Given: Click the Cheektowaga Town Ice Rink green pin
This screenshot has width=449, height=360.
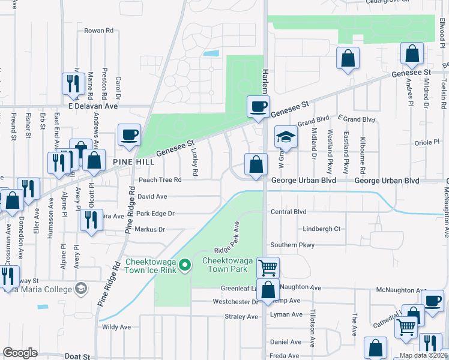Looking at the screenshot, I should pos(185,264).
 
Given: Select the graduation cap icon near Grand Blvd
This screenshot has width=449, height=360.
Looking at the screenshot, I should pos(286,137).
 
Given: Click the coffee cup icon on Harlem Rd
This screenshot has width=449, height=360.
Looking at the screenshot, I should pos(259,107).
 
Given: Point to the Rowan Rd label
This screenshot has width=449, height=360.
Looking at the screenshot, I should pos(99,30).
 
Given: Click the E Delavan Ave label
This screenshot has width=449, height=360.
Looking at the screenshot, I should pos(93,106).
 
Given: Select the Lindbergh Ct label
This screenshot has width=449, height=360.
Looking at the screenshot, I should pos(322,229).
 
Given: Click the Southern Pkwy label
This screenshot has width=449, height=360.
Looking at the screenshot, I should pos(292,245).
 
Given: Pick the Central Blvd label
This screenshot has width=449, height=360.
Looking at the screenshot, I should pos(289,212).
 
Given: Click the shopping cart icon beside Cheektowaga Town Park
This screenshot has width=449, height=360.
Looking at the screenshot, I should pos(267,267).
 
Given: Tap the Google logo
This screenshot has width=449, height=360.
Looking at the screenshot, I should pos(20,353).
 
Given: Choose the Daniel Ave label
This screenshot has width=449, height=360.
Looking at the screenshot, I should pos(286,342).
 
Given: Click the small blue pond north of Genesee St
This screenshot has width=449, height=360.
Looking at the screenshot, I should pos(211,53).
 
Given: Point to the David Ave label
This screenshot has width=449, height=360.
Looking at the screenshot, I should pos(152,196).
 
